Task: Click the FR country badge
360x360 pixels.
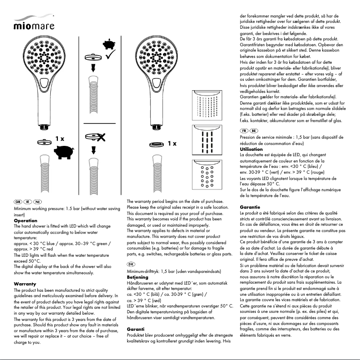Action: click(x=245, y=130)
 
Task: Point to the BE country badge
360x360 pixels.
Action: click(x=254, y=130)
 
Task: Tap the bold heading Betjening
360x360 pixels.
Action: click(x=138, y=277)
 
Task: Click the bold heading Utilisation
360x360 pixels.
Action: click(x=252, y=149)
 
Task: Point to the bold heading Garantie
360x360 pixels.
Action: click(x=251, y=207)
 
